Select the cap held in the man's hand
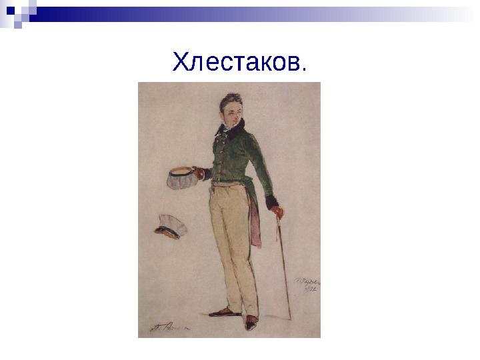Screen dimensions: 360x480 [x=180, y=177]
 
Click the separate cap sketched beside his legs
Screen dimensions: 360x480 [x=171, y=227]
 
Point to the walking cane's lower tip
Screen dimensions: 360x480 [x=290, y=318]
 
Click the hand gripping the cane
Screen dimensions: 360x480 [x=277, y=212]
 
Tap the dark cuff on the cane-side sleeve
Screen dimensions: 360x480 [x=271, y=201]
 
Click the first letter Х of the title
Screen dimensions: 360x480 [x=179, y=63]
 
